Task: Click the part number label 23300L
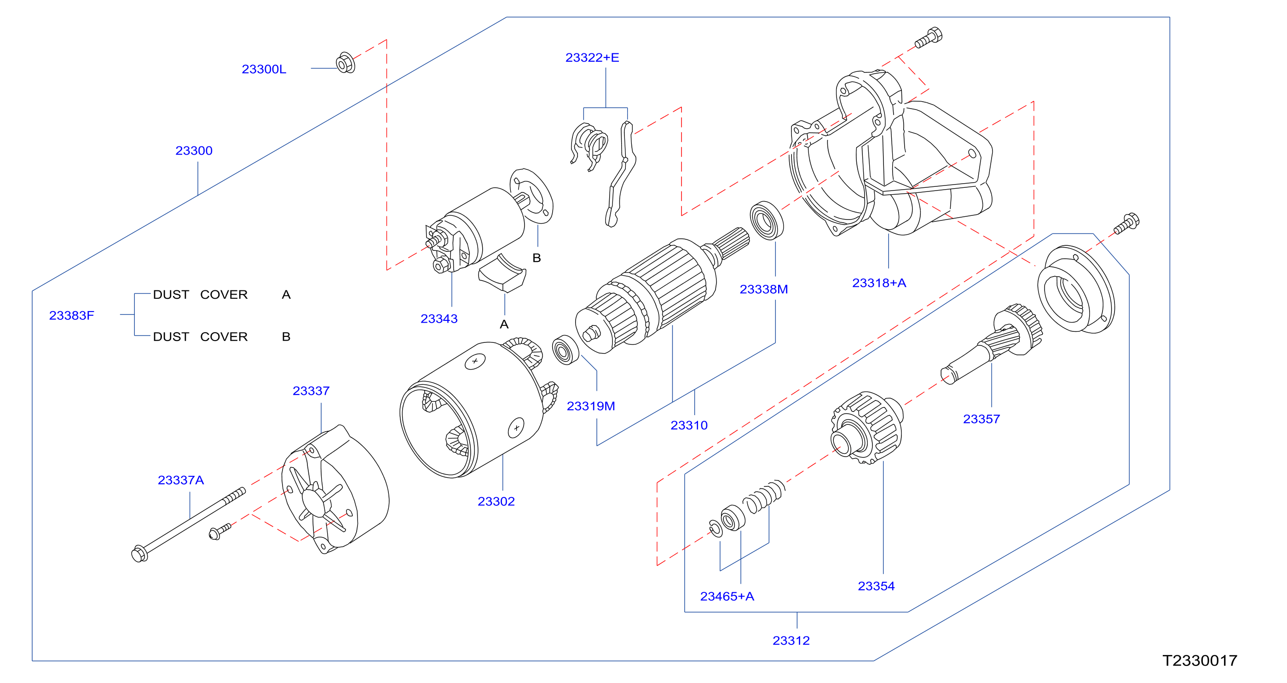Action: tap(264, 69)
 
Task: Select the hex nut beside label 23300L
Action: tap(345, 63)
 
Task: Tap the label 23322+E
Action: tap(592, 58)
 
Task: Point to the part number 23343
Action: tap(439, 319)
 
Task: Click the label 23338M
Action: tap(763, 289)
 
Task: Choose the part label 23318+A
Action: tap(879, 283)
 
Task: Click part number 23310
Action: tap(689, 425)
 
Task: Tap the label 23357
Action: tap(981, 419)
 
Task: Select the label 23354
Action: tap(876, 586)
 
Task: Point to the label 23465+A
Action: tap(727, 596)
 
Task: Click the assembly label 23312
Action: tap(791, 641)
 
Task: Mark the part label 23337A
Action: tap(181, 480)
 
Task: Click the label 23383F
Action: tap(71, 315)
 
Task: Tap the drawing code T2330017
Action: tap(1200, 660)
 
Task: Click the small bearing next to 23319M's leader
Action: tap(565, 350)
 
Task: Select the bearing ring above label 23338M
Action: tap(767, 220)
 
